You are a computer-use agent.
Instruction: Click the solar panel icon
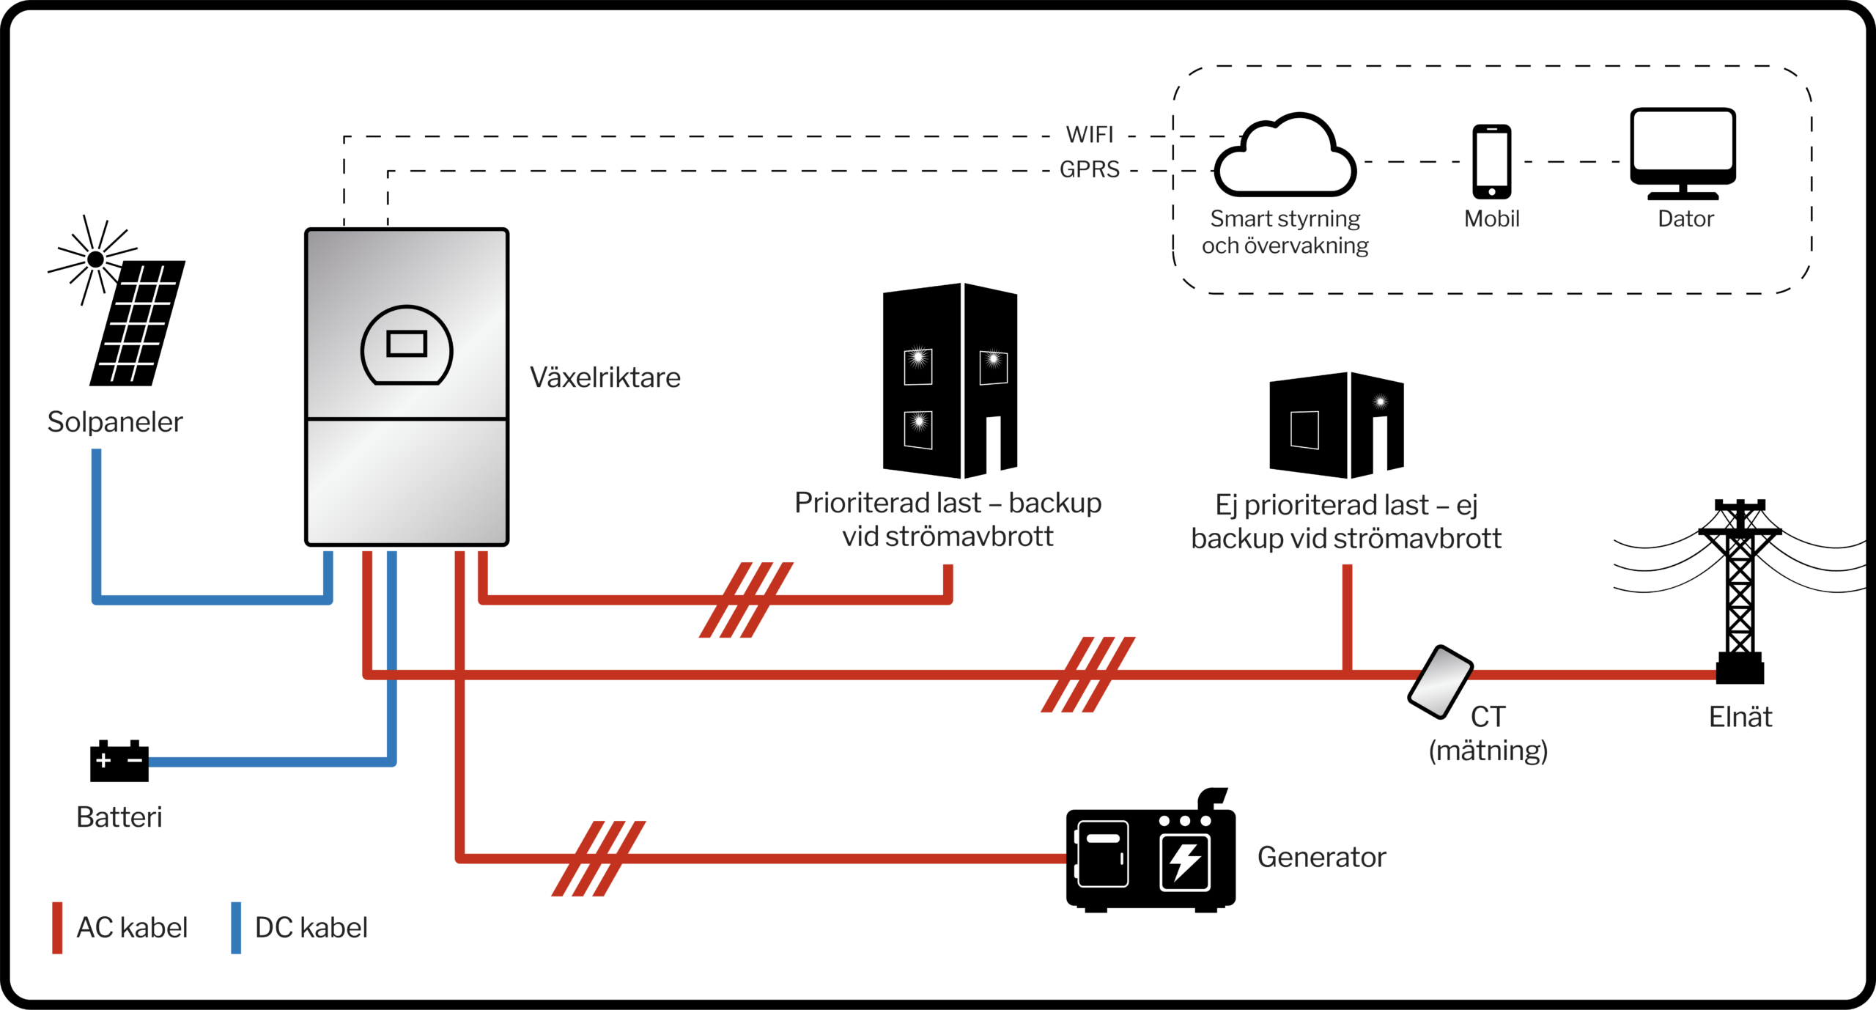point(138,322)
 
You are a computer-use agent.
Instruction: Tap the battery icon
point(119,762)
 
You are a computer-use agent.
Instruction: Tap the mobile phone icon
point(1491,162)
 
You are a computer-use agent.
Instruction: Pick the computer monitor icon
point(1683,152)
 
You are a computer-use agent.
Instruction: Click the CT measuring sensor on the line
point(1440,682)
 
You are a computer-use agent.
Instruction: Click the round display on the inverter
point(407,345)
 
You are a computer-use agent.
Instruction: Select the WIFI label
point(1089,135)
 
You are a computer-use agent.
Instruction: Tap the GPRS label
point(1090,169)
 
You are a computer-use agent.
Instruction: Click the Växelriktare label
point(605,377)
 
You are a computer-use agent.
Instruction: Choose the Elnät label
point(1740,717)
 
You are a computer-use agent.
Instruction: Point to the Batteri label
point(119,817)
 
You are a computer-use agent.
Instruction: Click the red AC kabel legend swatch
point(57,928)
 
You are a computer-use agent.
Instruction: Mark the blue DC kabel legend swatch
point(236,928)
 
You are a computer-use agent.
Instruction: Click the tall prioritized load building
point(950,381)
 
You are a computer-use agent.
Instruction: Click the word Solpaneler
point(115,422)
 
